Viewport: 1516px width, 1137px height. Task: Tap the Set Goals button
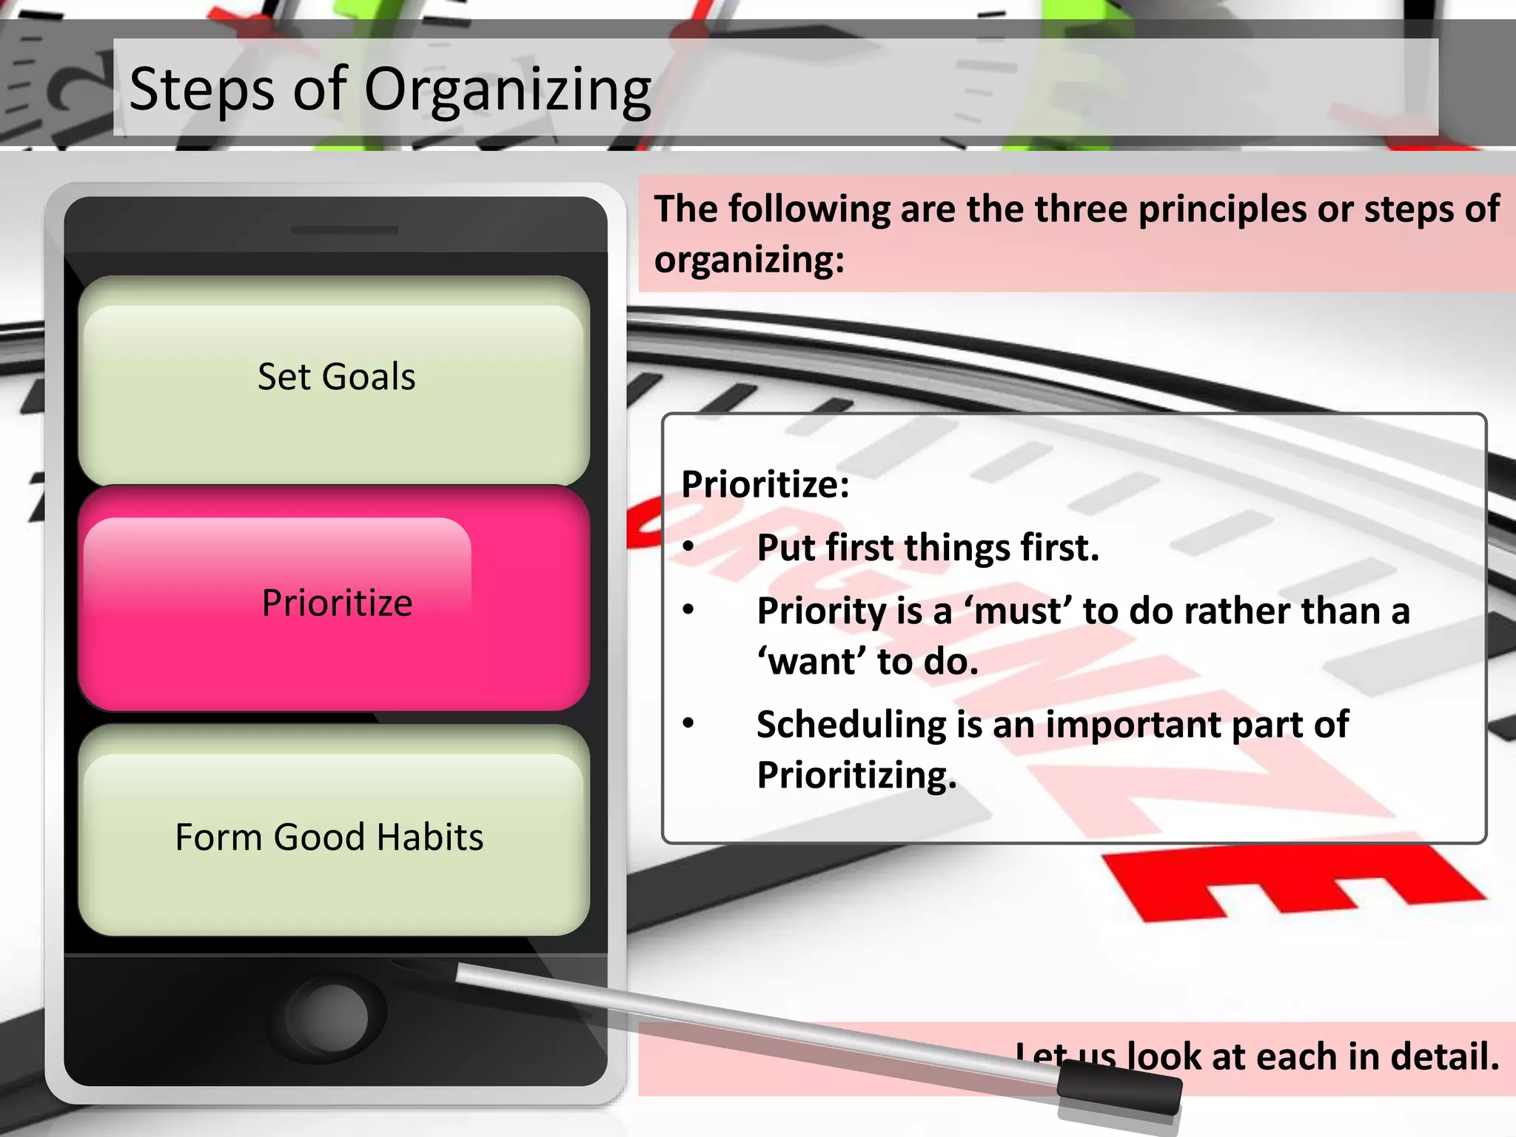(x=335, y=378)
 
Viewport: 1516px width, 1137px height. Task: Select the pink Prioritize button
(x=335, y=603)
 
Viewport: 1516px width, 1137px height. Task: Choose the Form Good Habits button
(x=329, y=837)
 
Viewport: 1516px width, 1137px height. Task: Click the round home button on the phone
(x=326, y=1016)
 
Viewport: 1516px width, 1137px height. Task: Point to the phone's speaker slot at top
(x=344, y=230)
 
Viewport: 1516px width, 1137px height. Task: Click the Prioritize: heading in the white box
(x=765, y=485)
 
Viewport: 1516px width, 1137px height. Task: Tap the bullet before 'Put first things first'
(x=688, y=548)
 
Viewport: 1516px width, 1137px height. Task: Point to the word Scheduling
(x=851, y=725)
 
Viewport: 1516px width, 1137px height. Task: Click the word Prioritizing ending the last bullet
(x=856, y=776)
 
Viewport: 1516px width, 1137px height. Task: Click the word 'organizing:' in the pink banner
(x=749, y=260)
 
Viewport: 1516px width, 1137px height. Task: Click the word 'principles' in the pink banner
(x=1222, y=209)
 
